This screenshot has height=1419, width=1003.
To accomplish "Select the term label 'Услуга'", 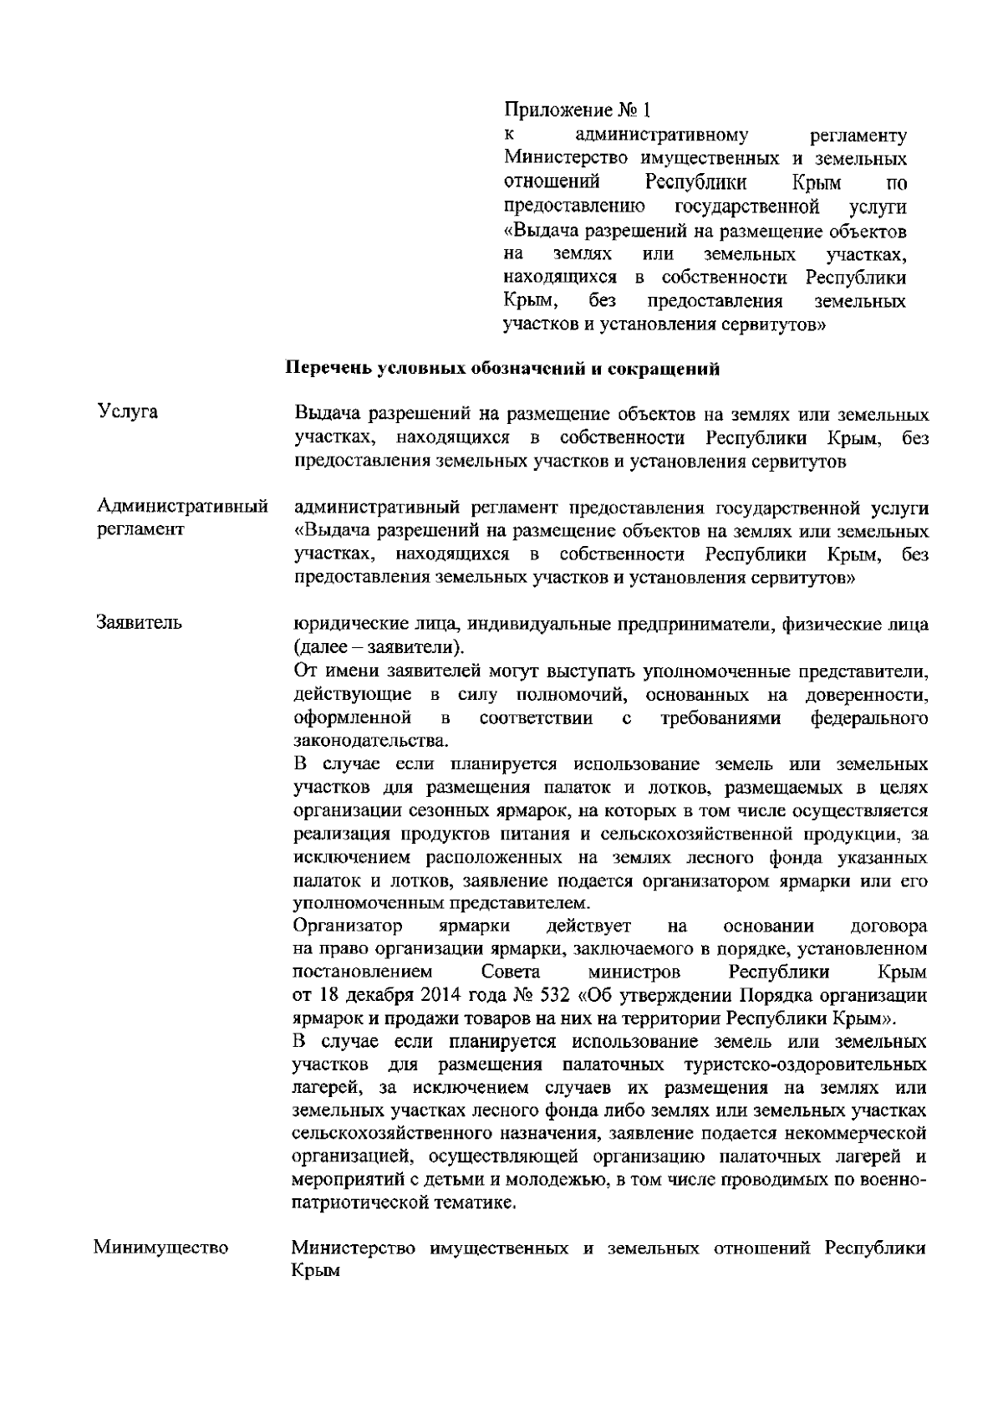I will click(x=128, y=412).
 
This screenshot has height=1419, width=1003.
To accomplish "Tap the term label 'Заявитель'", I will click(x=140, y=623).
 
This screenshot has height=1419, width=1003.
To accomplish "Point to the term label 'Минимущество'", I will click(x=161, y=1249).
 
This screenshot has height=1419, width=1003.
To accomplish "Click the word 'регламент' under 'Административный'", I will click(x=140, y=530).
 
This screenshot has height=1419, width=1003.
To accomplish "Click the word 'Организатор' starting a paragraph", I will click(x=349, y=926).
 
